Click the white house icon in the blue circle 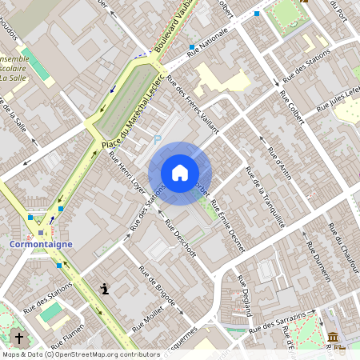point(180,173)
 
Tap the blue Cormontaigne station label point(41,244)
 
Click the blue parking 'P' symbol point(158,139)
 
